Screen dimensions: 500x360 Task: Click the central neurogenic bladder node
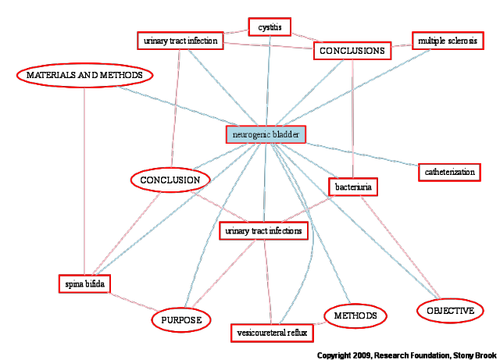266,134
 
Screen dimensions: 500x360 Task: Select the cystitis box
270,27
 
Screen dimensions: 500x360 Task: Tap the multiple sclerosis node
448,41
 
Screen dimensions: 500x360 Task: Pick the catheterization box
450,172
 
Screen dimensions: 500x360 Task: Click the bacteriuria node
353,187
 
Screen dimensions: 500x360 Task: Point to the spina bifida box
84,283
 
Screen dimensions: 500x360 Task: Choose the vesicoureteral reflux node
272,333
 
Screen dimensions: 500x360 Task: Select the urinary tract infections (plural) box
264,230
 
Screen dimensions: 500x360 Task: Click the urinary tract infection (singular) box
180,41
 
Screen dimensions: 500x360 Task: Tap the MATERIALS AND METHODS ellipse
84,75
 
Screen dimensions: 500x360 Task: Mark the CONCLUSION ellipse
170,180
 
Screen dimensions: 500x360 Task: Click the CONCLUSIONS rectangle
352,51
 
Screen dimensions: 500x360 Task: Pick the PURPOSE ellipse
181,320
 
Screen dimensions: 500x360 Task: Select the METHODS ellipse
355,315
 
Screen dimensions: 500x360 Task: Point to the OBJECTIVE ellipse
450,311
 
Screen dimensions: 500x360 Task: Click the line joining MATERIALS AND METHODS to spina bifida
84,181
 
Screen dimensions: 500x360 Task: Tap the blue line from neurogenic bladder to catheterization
362,155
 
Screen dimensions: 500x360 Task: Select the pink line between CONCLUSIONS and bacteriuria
352,119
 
